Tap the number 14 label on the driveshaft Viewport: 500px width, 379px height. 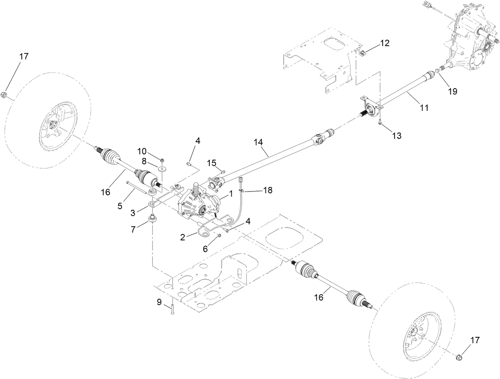pos(258,141)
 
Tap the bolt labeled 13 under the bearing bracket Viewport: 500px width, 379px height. pos(380,124)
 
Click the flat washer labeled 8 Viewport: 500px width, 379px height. pos(163,169)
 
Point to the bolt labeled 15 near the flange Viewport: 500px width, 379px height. pos(223,172)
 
